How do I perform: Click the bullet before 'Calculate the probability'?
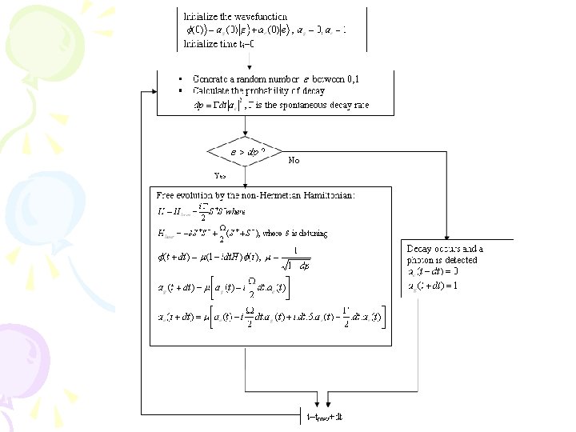pos(182,90)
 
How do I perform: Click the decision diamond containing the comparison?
pos(246,150)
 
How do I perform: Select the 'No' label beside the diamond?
pos(294,160)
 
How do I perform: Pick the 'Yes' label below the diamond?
pos(220,174)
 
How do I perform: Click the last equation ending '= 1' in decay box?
pos(434,285)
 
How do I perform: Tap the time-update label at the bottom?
pos(326,417)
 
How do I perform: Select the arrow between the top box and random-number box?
pos(250,61)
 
